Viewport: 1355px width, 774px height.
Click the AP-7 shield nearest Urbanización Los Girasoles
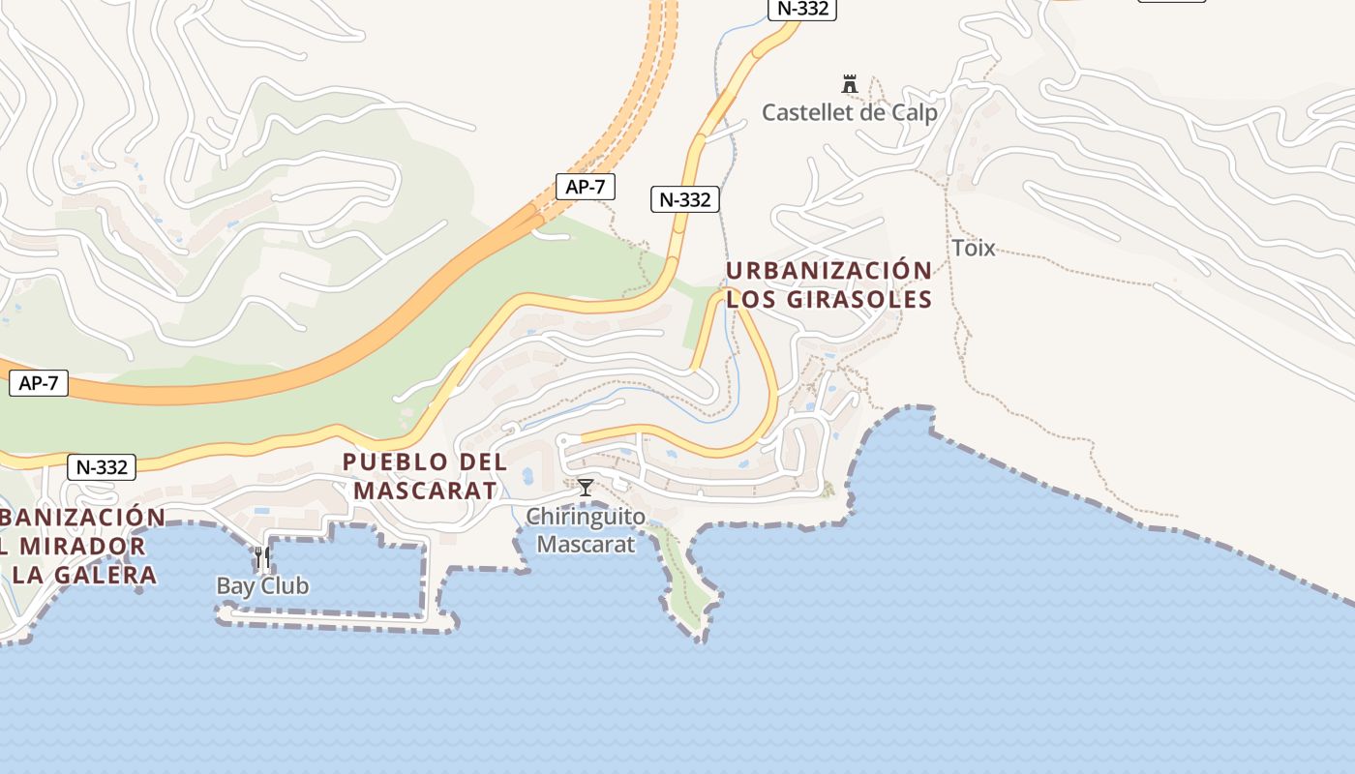coord(586,187)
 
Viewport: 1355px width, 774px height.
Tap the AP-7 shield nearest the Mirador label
coord(40,383)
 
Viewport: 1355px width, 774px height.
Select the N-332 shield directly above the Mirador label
coord(102,467)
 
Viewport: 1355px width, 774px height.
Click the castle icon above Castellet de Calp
coord(850,85)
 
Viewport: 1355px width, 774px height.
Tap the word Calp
coord(915,113)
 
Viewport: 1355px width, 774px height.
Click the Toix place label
coord(973,248)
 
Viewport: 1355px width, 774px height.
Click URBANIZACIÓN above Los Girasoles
coord(828,271)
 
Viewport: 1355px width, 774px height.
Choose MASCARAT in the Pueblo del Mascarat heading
coord(425,491)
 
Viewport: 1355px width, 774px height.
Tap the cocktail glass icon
coord(586,487)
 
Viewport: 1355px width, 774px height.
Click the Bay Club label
coord(262,585)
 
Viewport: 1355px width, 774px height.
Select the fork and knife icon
coord(262,557)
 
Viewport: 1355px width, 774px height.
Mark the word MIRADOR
coord(83,546)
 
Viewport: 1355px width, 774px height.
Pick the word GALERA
coord(107,575)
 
